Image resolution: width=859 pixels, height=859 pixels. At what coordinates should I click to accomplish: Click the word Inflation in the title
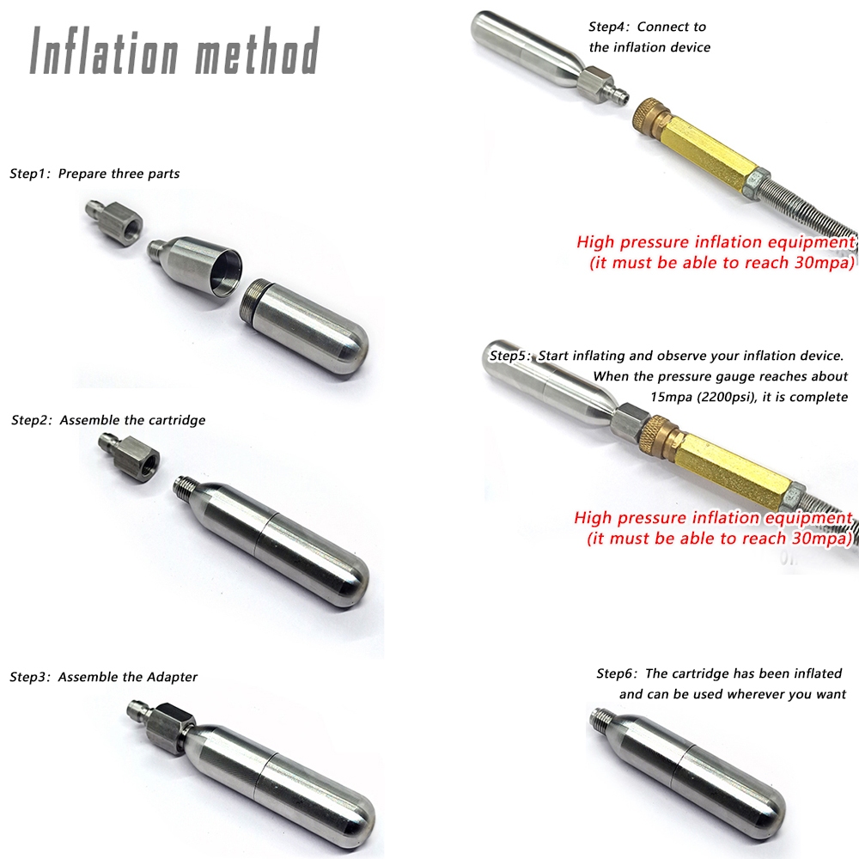click(104, 51)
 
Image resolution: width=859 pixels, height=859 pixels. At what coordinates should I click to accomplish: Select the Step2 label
click(31, 421)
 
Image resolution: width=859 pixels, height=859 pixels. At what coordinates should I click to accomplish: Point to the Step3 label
click(29, 678)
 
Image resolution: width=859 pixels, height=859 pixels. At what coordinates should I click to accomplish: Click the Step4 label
click(609, 27)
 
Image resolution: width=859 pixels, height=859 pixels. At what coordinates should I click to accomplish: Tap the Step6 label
click(617, 673)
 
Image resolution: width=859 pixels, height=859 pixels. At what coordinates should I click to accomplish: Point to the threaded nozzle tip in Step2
click(185, 486)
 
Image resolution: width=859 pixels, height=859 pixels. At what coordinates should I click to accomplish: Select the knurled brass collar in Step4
click(651, 117)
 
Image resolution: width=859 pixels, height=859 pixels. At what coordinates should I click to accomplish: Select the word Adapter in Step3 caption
click(172, 678)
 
